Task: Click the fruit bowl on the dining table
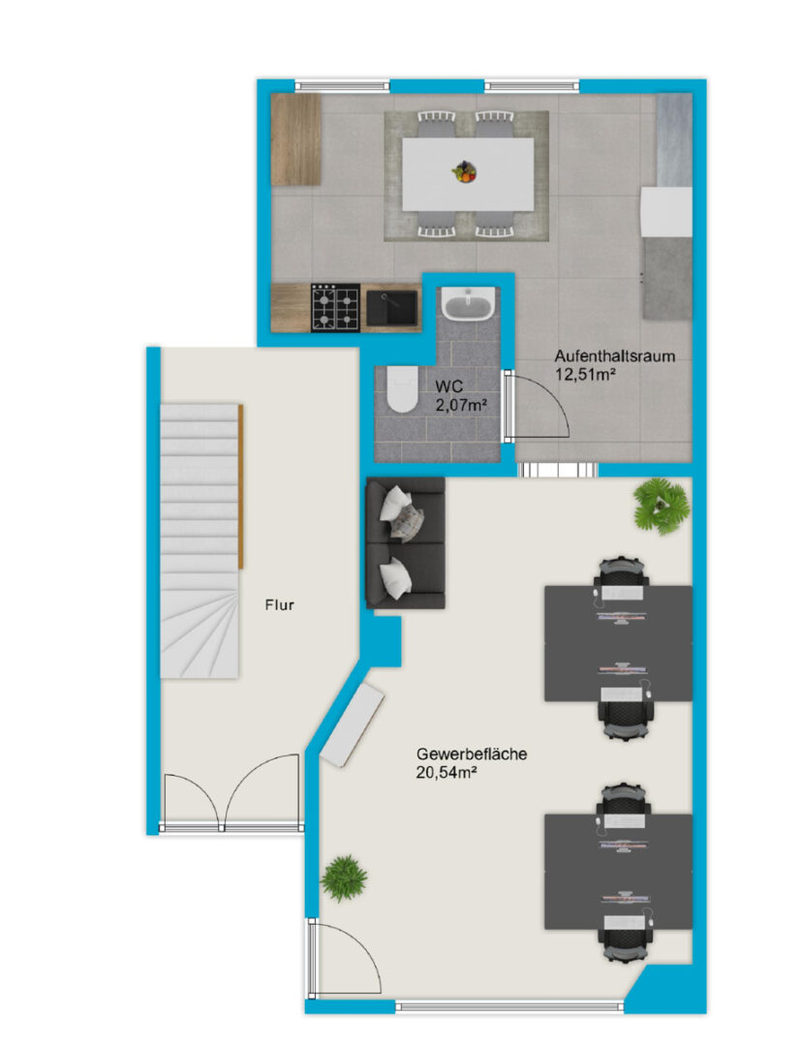point(464,172)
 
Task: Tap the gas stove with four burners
point(335,308)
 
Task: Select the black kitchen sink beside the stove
point(391,308)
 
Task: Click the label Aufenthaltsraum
point(614,356)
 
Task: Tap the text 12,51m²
point(584,374)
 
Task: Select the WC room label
point(449,386)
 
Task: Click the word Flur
point(280,605)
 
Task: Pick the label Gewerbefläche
point(472,754)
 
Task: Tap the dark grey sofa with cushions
point(405,542)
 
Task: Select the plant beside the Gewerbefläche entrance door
point(344,877)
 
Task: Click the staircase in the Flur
point(199,541)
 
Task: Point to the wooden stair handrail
point(241,486)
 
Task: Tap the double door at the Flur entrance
point(231,794)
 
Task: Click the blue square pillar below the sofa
point(383,641)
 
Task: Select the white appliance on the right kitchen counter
point(666,211)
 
